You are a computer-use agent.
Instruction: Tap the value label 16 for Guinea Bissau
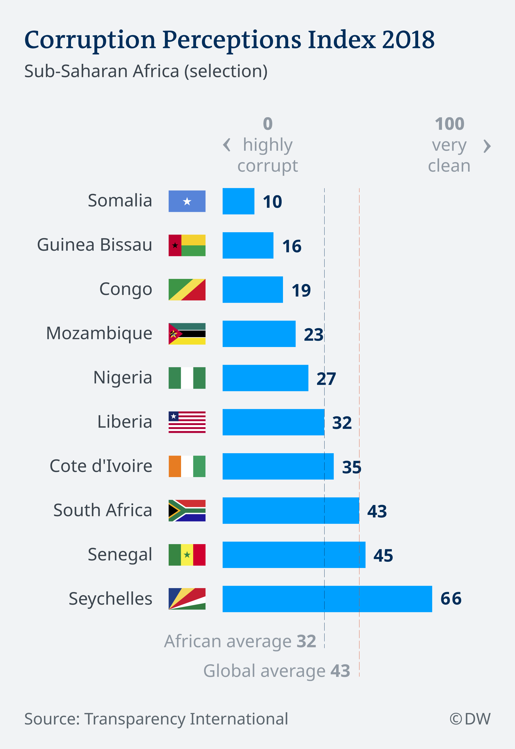292,246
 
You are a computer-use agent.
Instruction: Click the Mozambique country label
99,333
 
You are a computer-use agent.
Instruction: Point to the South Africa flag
187,510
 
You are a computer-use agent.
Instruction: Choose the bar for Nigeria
265,378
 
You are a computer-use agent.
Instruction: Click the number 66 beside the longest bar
451,599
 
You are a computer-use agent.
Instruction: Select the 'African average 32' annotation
240,641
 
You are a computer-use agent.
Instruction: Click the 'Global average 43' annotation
277,671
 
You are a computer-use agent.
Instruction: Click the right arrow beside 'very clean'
487,146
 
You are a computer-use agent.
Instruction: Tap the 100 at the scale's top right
449,124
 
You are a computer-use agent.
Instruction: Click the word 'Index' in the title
341,40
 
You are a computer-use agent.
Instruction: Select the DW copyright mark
470,719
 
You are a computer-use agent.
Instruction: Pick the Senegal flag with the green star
187,555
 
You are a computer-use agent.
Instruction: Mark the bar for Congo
253,289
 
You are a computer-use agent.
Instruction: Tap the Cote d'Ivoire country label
101,466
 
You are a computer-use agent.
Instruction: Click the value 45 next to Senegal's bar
383,555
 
